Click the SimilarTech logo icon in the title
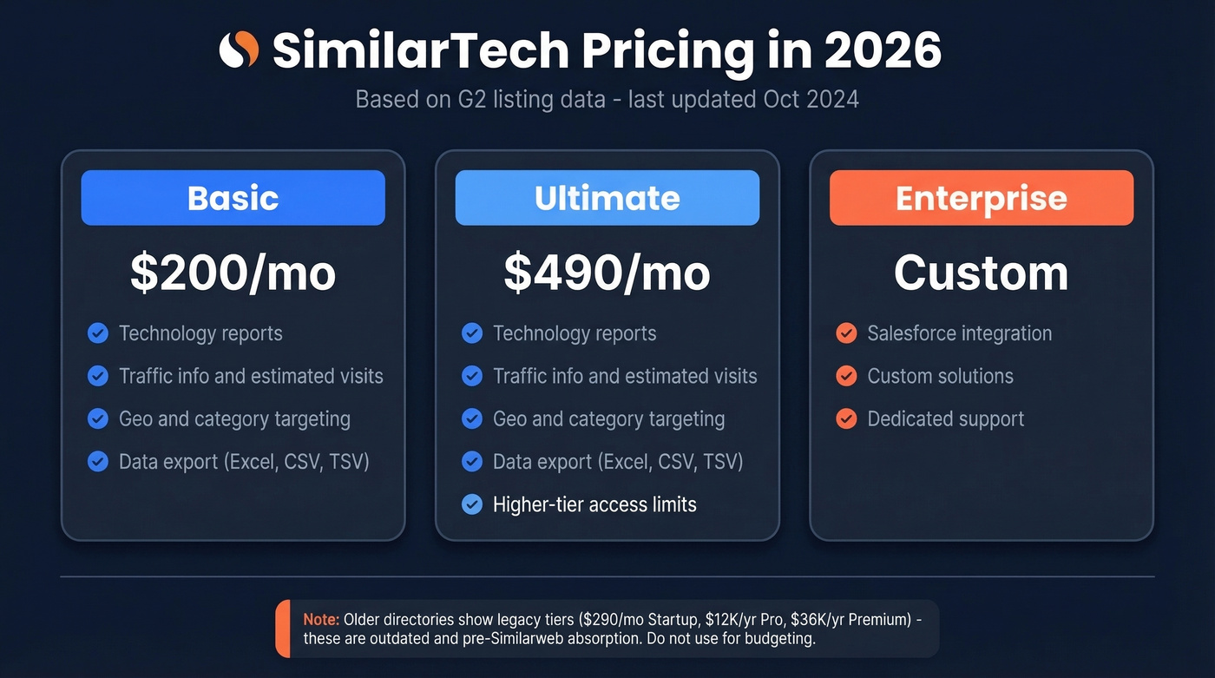(239, 50)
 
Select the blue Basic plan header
(233, 198)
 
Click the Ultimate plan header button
(607, 198)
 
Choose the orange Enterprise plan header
(981, 198)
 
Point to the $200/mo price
(233, 273)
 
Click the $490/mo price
(607, 273)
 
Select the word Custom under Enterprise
(981, 273)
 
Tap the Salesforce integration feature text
(959, 333)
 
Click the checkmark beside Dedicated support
(846, 419)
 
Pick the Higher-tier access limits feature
(594, 504)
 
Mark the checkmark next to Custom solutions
(846, 377)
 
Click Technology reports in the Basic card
(200, 333)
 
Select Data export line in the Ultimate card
(618, 462)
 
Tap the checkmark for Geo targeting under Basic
(98, 419)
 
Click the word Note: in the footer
(321, 620)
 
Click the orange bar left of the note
(283, 629)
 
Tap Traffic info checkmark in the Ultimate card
(472, 377)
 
